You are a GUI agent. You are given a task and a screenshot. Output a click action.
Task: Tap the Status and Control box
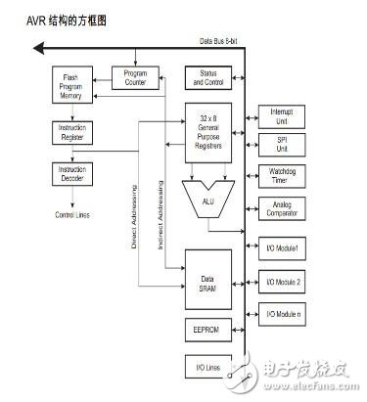207,77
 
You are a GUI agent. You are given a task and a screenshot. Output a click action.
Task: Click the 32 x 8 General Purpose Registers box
207,131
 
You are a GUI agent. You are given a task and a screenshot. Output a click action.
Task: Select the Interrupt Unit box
282,116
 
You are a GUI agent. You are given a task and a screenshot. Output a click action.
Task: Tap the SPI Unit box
282,146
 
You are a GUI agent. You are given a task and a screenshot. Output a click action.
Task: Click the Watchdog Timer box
282,176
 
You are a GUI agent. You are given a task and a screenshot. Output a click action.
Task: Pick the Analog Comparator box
282,209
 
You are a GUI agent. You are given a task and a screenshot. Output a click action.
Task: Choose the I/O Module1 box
282,248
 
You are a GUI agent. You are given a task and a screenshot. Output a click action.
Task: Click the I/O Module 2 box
282,283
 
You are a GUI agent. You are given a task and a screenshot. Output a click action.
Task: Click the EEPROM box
207,332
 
